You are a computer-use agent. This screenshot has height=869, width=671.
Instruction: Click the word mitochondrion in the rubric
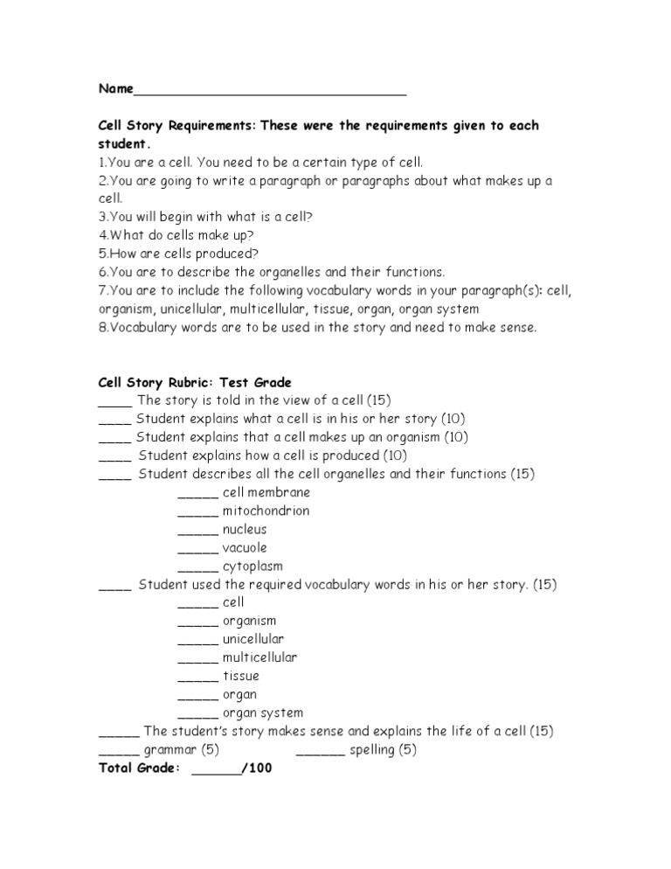266,511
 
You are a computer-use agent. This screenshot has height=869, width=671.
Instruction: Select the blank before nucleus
197,531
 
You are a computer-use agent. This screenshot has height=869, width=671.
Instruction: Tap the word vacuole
245,547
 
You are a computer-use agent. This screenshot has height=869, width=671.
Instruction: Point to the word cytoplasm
252,566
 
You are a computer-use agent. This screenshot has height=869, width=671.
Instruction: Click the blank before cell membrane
197,494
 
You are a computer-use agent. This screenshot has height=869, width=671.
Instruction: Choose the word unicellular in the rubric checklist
253,639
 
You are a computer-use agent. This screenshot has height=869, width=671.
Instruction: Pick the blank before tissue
197,678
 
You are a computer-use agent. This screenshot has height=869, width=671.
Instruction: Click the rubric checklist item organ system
263,713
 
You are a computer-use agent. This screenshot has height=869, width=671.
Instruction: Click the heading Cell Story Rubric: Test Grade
195,382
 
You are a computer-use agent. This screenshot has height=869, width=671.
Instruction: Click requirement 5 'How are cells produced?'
179,254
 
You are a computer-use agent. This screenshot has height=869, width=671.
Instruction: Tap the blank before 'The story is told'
114,402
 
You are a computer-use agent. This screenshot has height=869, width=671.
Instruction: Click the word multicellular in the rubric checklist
259,657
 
